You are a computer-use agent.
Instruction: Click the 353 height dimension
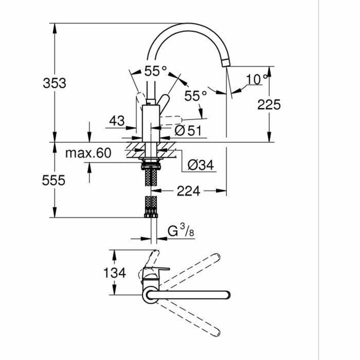click(54, 83)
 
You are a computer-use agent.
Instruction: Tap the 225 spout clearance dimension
click(269, 104)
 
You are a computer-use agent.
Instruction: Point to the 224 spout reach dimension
click(188, 191)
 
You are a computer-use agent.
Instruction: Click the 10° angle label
click(256, 80)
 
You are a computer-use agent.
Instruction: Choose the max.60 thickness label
click(88, 153)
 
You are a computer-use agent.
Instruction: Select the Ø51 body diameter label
click(187, 130)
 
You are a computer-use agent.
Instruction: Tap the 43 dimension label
click(117, 121)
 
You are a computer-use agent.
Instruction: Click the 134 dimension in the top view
click(113, 272)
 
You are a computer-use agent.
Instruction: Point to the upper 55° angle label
click(155, 71)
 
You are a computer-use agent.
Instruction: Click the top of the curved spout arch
click(184, 26)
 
